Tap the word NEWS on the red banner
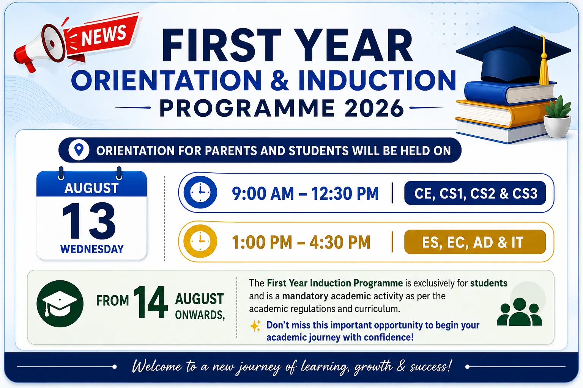point(104,36)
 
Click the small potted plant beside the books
point(557,117)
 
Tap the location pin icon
point(79,150)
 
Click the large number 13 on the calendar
point(89,221)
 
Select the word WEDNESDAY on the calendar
point(92,249)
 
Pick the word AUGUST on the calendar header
point(91,188)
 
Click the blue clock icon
point(200,192)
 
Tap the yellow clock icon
point(200,241)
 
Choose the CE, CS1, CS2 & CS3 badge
point(475,193)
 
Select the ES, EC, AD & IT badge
point(475,242)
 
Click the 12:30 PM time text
point(345,193)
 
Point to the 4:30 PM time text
point(340,242)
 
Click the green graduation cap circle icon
point(60,304)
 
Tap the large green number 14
point(150,302)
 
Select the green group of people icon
point(520,312)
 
